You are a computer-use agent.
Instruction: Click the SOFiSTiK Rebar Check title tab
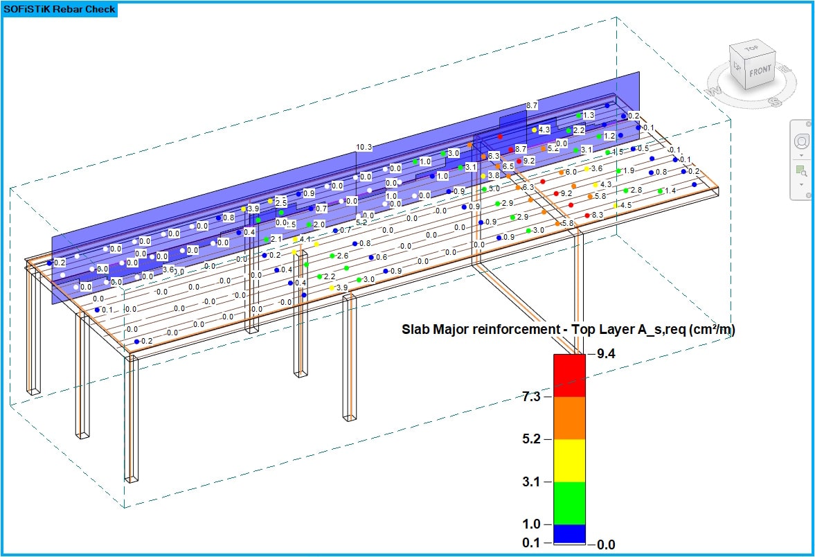click(60, 10)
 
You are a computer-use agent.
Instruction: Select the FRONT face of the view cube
click(760, 71)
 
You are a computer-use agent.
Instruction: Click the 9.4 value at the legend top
click(606, 354)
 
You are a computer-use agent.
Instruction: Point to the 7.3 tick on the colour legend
click(532, 397)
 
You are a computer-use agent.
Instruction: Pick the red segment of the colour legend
click(569, 375)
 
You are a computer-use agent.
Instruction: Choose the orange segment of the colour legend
click(569, 418)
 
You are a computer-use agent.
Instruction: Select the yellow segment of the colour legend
click(569, 461)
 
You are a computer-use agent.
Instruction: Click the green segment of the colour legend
click(569, 503)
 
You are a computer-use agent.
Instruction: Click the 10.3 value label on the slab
click(364, 147)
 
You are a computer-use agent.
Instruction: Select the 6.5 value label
click(508, 166)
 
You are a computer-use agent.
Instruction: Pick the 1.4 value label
click(670, 191)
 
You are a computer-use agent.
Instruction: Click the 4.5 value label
click(625, 205)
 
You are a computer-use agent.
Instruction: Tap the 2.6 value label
click(342, 256)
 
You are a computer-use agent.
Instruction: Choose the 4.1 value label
click(305, 239)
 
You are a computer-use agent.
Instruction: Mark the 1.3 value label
click(589, 115)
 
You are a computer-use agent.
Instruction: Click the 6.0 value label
click(571, 172)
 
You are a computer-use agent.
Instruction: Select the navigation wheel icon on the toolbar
click(801, 141)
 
